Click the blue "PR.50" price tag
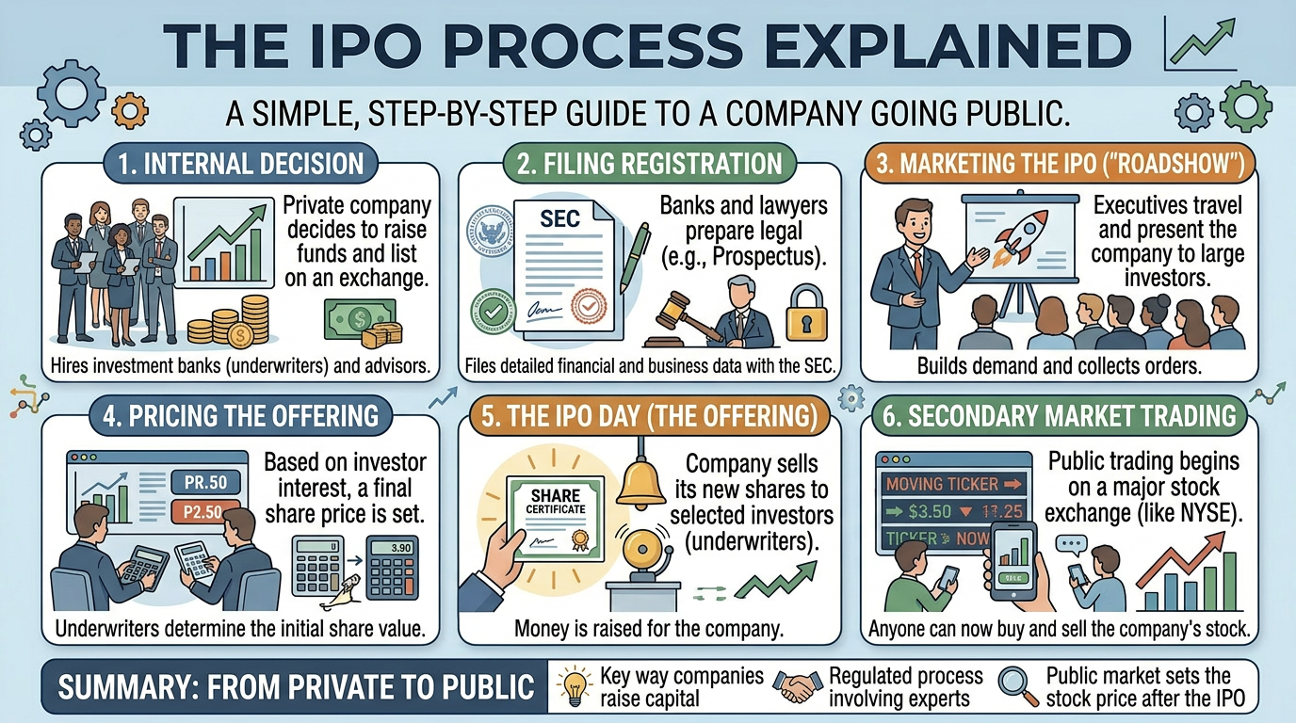206,483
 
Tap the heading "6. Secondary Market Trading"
1060,415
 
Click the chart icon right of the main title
1198,45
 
